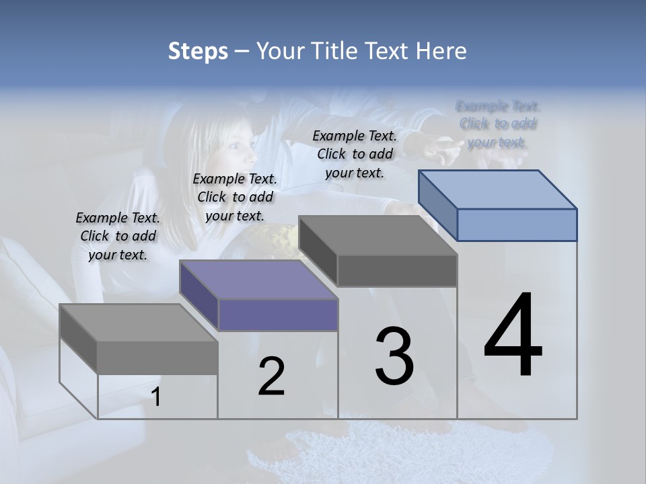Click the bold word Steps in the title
(x=198, y=51)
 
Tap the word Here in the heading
(x=441, y=51)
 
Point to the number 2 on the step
(x=271, y=376)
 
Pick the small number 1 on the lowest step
(x=156, y=397)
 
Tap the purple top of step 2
(x=258, y=280)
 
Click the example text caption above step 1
(x=118, y=236)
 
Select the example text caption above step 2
(x=235, y=197)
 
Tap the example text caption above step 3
(x=355, y=154)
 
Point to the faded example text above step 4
(x=498, y=124)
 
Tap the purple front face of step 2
(x=278, y=315)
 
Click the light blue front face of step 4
(x=517, y=225)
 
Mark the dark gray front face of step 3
(x=397, y=270)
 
